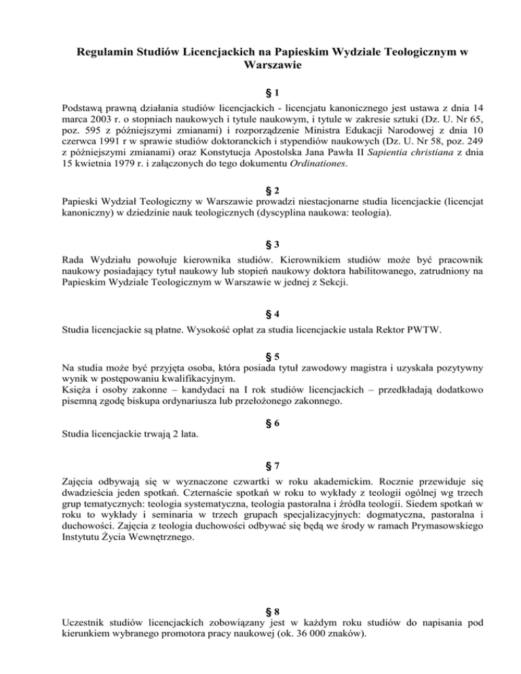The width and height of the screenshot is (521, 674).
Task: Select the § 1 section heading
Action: (x=260, y=93)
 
